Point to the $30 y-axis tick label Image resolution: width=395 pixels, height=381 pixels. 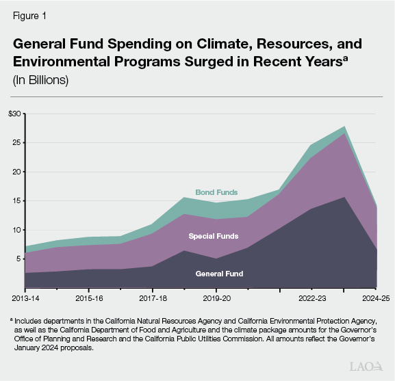point(14,114)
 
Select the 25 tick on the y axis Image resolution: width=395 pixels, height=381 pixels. point(17,143)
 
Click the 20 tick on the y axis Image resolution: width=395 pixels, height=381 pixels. point(17,172)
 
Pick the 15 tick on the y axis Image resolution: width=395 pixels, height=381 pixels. point(17,201)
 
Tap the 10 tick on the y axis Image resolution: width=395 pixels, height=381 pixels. point(17,230)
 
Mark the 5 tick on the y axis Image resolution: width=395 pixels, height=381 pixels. point(19,259)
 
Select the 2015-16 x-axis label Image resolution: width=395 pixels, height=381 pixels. point(89,298)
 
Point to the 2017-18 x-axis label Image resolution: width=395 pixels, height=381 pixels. point(153,298)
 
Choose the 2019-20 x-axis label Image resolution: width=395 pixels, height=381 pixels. point(216,298)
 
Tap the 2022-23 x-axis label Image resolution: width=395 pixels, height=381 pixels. point(311,298)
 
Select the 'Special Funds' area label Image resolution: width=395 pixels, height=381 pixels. point(214,236)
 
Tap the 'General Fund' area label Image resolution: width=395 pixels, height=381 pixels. point(219,274)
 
